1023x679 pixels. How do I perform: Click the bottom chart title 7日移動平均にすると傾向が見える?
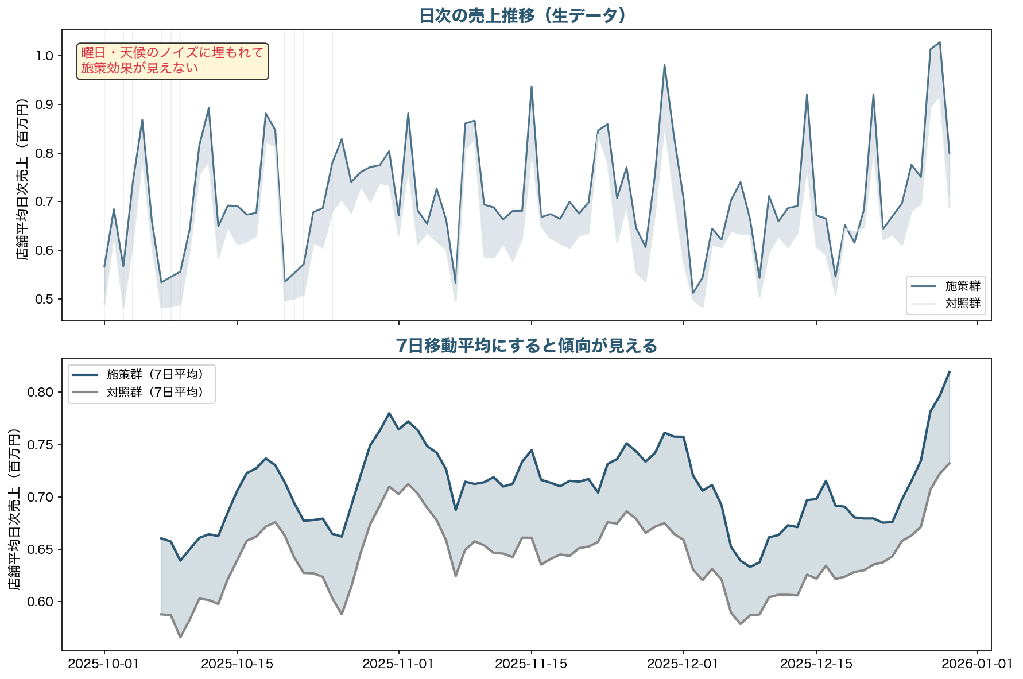pyautogui.click(x=526, y=346)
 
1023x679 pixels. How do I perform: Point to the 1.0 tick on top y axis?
pyautogui.click(x=44, y=56)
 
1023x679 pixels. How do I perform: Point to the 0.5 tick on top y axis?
pyautogui.click(x=44, y=299)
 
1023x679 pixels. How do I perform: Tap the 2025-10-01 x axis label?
pyautogui.click(x=104, y=664)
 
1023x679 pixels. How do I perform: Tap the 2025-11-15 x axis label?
pyautogui.click(x=531, y=664)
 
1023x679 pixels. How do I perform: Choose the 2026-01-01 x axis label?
pyautogui.click(x=977, y=664)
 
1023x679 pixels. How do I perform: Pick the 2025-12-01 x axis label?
pyautogui.click(x=683, y=664)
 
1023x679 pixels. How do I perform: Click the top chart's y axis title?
pyautogui.click(x=22, y=179)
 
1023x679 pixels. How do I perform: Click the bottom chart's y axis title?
pyautogui.click(x=14, y=509)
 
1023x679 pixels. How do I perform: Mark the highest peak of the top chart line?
pyautogui.click(x=939, y=42)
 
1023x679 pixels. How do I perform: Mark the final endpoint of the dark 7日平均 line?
pyautogui.click(x=949, y=372)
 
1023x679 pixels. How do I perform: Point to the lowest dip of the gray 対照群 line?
pyautogui.click(x=180, y=637)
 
